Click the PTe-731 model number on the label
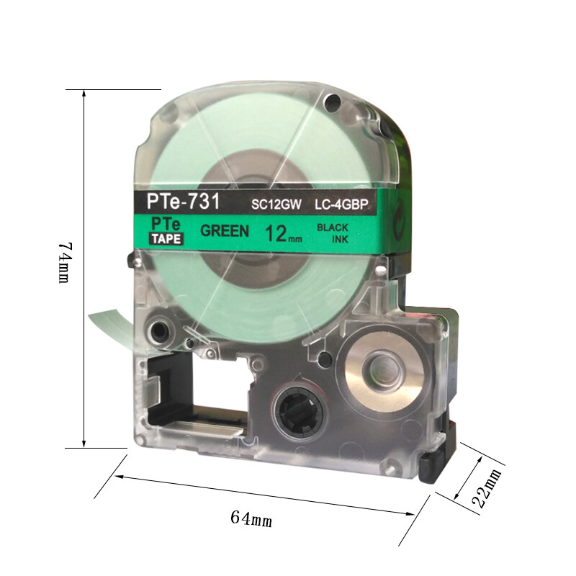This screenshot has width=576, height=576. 183,202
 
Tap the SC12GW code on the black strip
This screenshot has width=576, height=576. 276,204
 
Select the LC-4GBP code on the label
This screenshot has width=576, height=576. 341,204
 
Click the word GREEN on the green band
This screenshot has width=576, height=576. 225,230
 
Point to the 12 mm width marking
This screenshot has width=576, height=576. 284,234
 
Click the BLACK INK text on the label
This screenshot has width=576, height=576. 333,233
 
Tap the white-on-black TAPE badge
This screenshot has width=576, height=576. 166,239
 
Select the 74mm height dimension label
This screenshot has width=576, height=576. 65,262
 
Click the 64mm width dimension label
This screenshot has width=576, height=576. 251,518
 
